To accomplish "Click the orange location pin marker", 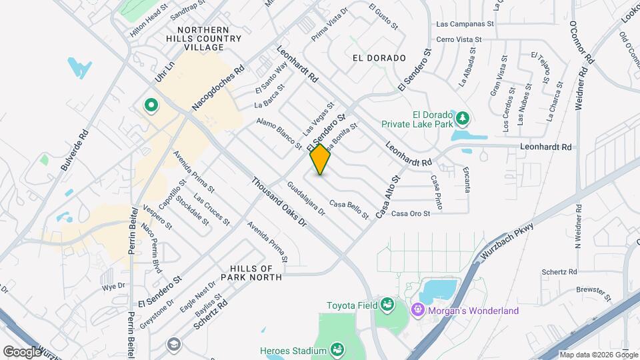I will pyautogui.click(x=321, y=159).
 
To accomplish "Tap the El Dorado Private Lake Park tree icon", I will pyautogui.click(x=461, y=119).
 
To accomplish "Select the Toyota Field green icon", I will pyautogui.click(x=386, y=305).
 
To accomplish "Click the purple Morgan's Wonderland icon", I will pyautogui.click(x=418, y=310).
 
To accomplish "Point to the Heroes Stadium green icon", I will pyautogui.click(x=338, y=350).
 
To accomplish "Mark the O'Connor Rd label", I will pyautogui.click(x=580, y=41).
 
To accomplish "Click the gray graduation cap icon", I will pyautogui.click(x=173, y=344).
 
